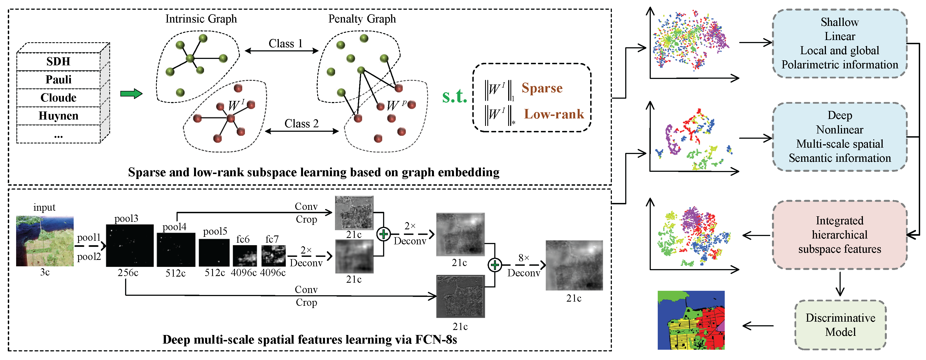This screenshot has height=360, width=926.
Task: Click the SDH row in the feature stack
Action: click(58, 61)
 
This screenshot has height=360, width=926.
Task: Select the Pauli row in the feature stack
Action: click(58, 80)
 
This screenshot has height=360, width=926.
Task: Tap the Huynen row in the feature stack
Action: click(58, 116)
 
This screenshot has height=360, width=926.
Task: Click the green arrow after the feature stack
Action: click(131, 94)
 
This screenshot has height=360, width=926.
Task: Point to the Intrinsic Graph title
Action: click(201, 19)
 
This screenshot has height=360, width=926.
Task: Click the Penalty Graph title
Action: click(362, 19)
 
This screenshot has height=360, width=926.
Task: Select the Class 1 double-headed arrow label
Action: click(286, 44)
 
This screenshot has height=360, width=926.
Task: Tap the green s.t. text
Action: click(454, 96)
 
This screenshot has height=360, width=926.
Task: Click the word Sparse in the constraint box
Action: click(542, 88)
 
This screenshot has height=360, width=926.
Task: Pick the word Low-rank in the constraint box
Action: click(553, 114)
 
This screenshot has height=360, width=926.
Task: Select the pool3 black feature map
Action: click(130, 246)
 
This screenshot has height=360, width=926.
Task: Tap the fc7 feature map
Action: click(273, 256)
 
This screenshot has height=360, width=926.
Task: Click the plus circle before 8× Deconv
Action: click(495, 265)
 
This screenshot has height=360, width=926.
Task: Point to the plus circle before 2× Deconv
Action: click(384, 234)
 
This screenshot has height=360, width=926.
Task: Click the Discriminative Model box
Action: click(840, 325)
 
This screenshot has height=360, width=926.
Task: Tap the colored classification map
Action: click(691, 320)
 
